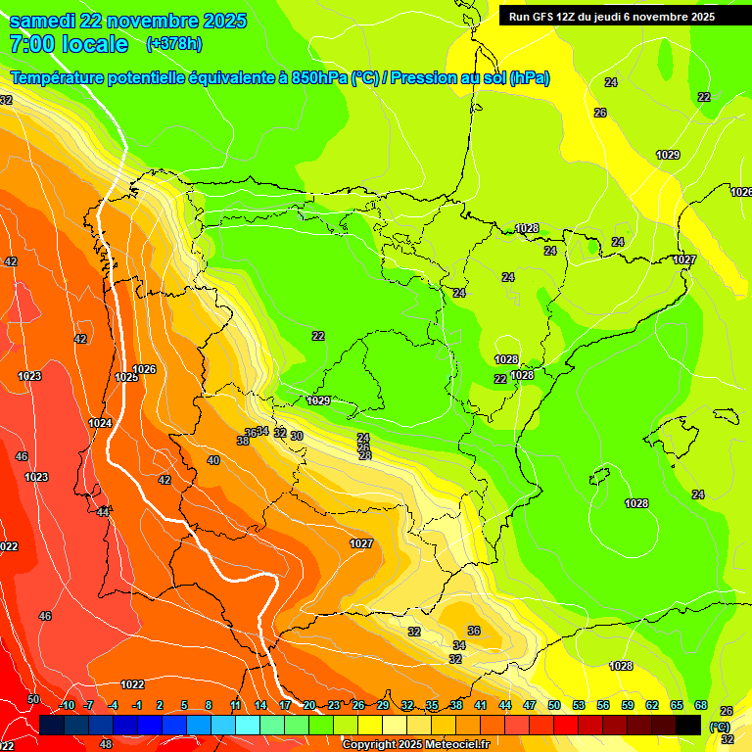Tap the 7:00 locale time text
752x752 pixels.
click(69, 43)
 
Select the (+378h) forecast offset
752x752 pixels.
click(173, 43)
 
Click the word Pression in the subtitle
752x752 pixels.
click(426, 78)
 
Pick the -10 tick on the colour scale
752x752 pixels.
click(66, 705)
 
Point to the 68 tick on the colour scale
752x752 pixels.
click(701, 705)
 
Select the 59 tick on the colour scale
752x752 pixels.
click(628, 705)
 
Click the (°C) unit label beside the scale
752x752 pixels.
click(720, 727)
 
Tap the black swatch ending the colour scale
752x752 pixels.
click(688, 724)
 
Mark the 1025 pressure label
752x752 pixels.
click(126, 377)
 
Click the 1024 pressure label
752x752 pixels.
click(100, 423)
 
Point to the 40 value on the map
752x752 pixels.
click(213, 460)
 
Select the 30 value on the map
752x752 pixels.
click(297, 436)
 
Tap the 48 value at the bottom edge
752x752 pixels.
click(106, 744)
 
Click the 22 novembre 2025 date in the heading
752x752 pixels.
click(175, 21)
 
